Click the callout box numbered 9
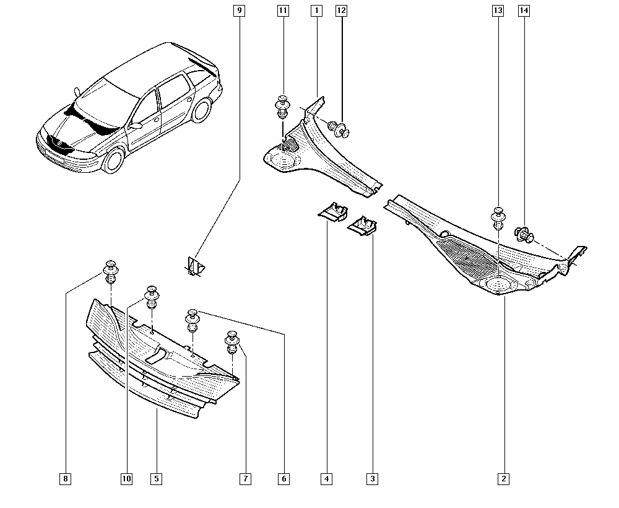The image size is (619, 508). [239, 11]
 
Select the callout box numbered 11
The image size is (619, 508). [283, 11]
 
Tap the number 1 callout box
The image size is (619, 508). [316, 11]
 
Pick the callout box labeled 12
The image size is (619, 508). [341, 11]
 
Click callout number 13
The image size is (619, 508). [498, 11]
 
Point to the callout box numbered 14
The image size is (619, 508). [524, 11]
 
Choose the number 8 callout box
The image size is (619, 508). [66, 479]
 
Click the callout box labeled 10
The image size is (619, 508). [126, 479]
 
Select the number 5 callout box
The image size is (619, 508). [157, 479]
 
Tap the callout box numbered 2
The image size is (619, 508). [504, 479]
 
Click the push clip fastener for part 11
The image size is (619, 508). [282, 106]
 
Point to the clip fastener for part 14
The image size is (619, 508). [524, 235]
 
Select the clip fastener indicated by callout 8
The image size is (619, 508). [111, 272]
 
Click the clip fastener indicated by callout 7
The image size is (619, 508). [232, 342]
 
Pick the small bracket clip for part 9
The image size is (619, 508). [194, 266]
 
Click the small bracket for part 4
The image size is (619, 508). [333, 212]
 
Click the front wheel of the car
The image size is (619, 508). [113, 160]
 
